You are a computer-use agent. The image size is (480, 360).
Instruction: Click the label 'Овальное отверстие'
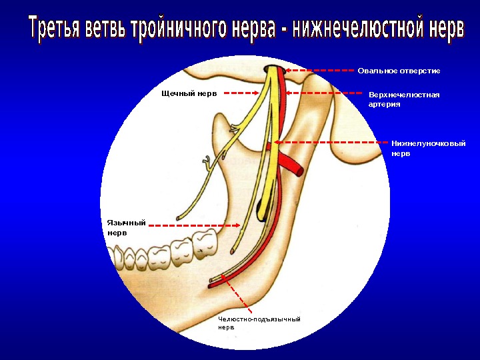(399, 71)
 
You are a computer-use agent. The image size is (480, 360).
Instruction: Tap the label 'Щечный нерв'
(189, 94)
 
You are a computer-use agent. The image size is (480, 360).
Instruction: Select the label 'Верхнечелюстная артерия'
(404, 99)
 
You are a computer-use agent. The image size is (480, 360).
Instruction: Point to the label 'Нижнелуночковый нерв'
(428, 148)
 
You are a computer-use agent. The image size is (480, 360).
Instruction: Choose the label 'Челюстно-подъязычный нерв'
(259, 323)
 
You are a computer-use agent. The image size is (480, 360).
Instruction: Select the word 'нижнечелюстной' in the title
(359, 30)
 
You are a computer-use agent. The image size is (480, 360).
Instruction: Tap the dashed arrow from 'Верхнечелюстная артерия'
(323, 93)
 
